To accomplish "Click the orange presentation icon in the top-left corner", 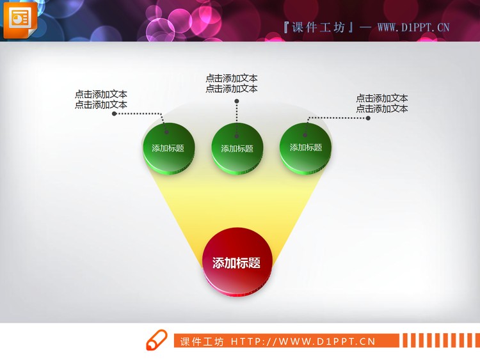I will (x=19, y=19).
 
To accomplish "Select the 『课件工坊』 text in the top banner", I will (x=318, y=27).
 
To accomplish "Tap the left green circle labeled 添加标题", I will (x=168, y=148).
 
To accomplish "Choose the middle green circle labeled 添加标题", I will (x=237, y=148).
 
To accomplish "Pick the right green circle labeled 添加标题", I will (x=306, y=147).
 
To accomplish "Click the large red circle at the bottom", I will (x=237, y=262).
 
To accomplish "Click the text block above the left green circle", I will (x=101, y=99).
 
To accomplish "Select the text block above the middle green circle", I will (x=232, y=84).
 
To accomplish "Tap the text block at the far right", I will (x=382, y=104).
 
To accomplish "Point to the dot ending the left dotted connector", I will (x=115, y=114).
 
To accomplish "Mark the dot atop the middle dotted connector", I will (x=237, y=100).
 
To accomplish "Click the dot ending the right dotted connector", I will (x=367, y=118).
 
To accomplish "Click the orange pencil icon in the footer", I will (x=156, y=341).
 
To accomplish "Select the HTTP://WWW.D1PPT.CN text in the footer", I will (x=303, y=341).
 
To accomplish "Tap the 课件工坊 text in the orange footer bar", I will (x=202, y=341).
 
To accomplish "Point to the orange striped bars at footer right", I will (x=438, y=341).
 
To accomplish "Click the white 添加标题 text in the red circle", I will (x=236, y=263).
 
